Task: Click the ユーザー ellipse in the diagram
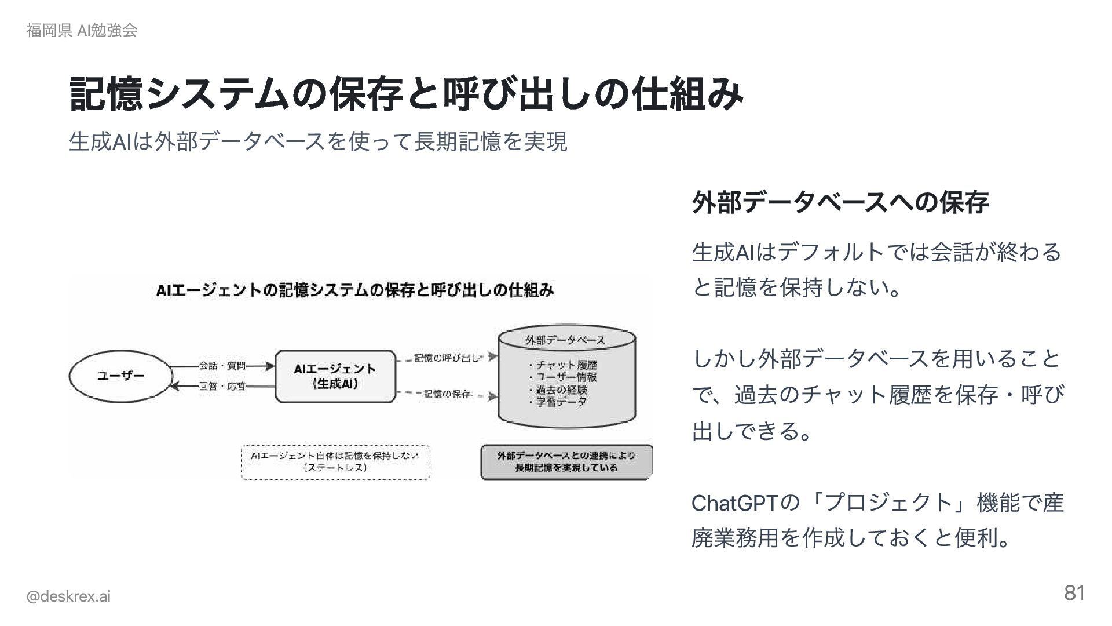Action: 120,376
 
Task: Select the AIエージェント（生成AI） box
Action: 335,376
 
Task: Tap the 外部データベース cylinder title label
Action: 565,340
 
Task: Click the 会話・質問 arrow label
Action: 222,366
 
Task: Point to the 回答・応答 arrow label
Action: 222,386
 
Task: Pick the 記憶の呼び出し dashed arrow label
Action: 447,358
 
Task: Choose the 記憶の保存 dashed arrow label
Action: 447,394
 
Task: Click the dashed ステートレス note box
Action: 335,462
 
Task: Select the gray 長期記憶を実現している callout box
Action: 566,462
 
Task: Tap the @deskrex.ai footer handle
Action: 68,596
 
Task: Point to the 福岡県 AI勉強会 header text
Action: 82,31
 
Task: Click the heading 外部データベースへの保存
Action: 840,202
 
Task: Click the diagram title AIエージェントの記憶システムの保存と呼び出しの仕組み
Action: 354,290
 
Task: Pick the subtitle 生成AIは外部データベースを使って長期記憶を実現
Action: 317,141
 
